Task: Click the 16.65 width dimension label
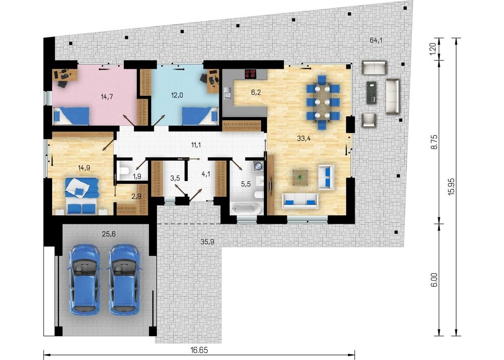[199, 350]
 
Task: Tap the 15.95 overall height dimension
[451, 187]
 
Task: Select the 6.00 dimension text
[434, 280]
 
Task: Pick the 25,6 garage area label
[109, 234]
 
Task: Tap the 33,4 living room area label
[303, 139]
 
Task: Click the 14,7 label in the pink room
[107, 96]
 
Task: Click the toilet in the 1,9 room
[124, 169]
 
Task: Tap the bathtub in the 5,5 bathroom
[246, 209]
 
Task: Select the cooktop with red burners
[251, 74]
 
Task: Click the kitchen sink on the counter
[228, 93]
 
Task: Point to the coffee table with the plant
[300, 177]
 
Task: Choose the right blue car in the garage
[124, 279]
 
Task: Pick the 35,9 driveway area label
[207, 241]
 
